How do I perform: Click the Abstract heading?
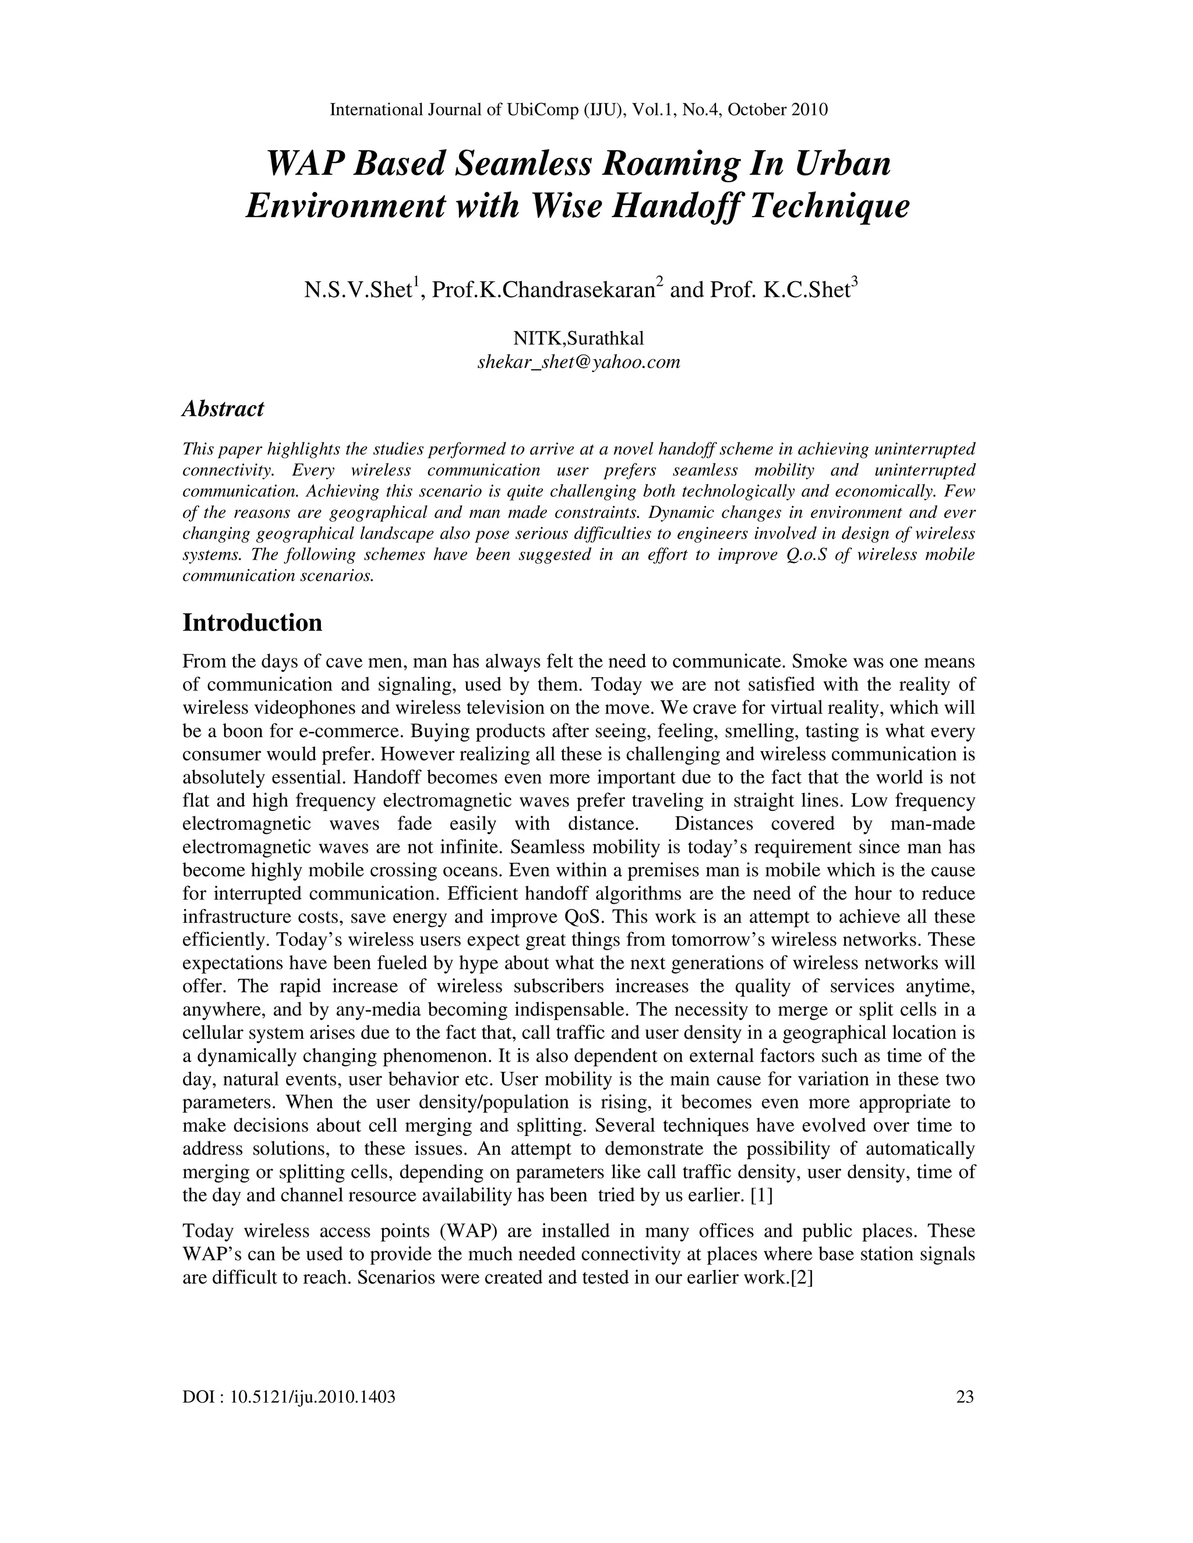[x=223, y=408]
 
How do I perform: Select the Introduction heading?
[x=252, y=622]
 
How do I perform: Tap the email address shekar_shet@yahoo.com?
[x=579, y=362]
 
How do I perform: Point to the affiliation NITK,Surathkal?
[x=579, y=338]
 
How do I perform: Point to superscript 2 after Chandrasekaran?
[x=659, y=282]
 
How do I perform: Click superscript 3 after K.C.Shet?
[x=855, y=282]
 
